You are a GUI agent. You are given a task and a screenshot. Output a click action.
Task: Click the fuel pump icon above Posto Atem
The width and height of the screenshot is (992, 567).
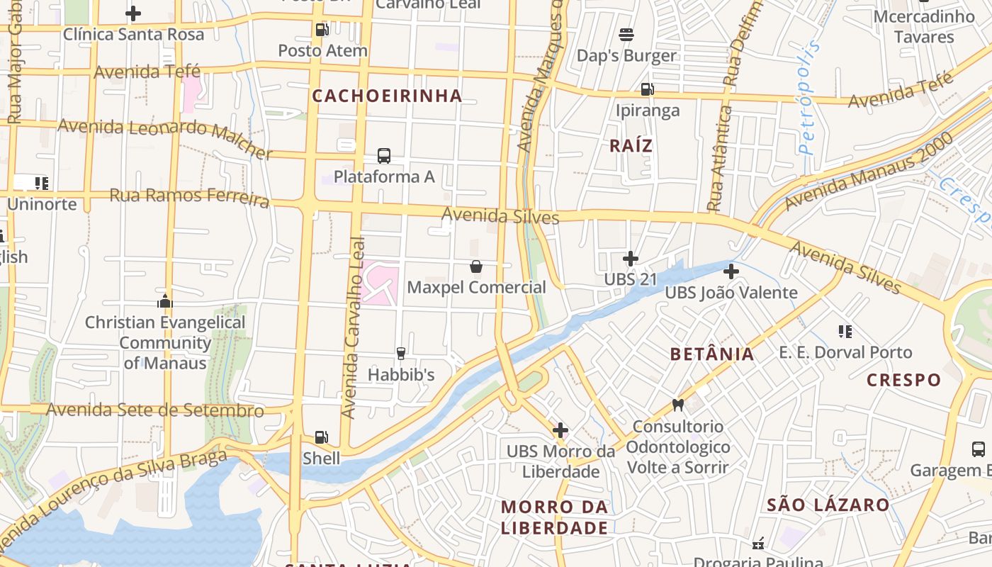point(322,30)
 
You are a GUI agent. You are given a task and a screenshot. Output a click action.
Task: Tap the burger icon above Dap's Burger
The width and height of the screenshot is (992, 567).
point(626,34)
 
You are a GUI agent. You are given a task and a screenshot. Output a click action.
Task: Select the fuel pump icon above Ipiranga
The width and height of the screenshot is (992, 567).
point(647,89)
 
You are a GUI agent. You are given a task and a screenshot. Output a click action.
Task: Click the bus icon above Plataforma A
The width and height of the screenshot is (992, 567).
point(384,156)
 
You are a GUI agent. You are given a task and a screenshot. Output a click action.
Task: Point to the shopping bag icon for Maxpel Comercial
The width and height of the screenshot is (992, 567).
point(476,266)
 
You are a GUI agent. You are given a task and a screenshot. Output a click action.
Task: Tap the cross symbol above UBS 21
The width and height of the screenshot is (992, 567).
point(631,259)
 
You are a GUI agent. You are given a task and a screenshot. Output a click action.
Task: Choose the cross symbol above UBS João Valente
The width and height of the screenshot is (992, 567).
point(731,271)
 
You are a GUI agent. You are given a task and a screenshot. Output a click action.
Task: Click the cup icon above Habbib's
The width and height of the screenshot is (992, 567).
point(401,353)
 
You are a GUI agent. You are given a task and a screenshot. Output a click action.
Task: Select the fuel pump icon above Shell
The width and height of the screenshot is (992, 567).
point(322,437)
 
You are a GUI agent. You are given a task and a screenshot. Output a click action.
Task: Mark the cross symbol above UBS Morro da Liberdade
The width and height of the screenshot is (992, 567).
point(560,430)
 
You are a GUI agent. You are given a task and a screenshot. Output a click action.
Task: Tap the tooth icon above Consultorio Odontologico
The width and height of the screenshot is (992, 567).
point(678,405)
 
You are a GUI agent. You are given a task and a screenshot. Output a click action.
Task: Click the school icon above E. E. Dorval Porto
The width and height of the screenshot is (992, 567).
point(845,331)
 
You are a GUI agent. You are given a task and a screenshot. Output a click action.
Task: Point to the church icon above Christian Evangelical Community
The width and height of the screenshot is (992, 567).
point(165,301)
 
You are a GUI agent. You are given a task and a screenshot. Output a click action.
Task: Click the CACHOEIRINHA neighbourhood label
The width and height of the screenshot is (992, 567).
point(387,96)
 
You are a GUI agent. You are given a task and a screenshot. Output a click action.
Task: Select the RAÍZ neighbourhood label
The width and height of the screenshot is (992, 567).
point(631,146)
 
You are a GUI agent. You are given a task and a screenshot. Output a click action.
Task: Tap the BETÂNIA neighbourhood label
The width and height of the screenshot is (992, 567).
point(712,354)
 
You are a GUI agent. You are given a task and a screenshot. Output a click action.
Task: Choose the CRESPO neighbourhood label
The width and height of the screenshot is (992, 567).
point(904,380)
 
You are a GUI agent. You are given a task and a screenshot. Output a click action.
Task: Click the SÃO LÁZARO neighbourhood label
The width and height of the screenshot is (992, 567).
point(828,505)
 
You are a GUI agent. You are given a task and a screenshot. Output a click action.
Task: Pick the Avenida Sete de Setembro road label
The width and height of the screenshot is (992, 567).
point(155,410)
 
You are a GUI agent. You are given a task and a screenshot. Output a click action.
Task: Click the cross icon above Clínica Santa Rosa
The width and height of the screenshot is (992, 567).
point(133,13)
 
